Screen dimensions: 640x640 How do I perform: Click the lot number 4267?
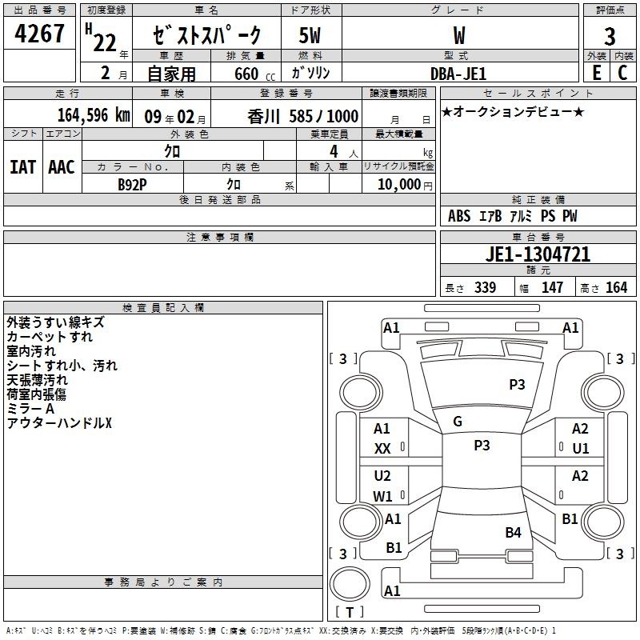pos(39,34)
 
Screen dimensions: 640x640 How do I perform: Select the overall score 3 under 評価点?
pos(610,36)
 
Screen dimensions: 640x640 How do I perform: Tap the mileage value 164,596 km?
pos(94,115)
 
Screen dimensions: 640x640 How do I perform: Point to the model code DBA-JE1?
pos(458,74)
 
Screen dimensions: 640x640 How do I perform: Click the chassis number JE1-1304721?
pos(538,254)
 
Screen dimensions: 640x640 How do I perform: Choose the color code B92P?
pos(132,185)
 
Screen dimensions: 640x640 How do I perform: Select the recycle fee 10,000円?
pos(405,185)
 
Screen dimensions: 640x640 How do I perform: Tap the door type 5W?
pos(310,35)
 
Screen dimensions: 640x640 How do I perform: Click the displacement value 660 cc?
pos(254,74)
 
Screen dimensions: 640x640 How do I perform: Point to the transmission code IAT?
pos(23,167)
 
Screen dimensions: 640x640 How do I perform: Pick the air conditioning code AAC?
pos(62,167)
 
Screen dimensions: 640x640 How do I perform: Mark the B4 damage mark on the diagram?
pos(513,532)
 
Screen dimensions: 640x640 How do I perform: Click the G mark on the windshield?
pos(458,422)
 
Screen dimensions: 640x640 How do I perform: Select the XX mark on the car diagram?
pos(382,449)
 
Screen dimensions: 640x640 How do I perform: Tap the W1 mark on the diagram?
pos(382,496)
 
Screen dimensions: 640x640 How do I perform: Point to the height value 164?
pos(616,287)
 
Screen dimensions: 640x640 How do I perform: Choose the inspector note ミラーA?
pos(30,409)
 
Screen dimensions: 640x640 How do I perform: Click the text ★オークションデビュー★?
pos(513,111)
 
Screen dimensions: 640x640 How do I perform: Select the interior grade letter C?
pos(622,73)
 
